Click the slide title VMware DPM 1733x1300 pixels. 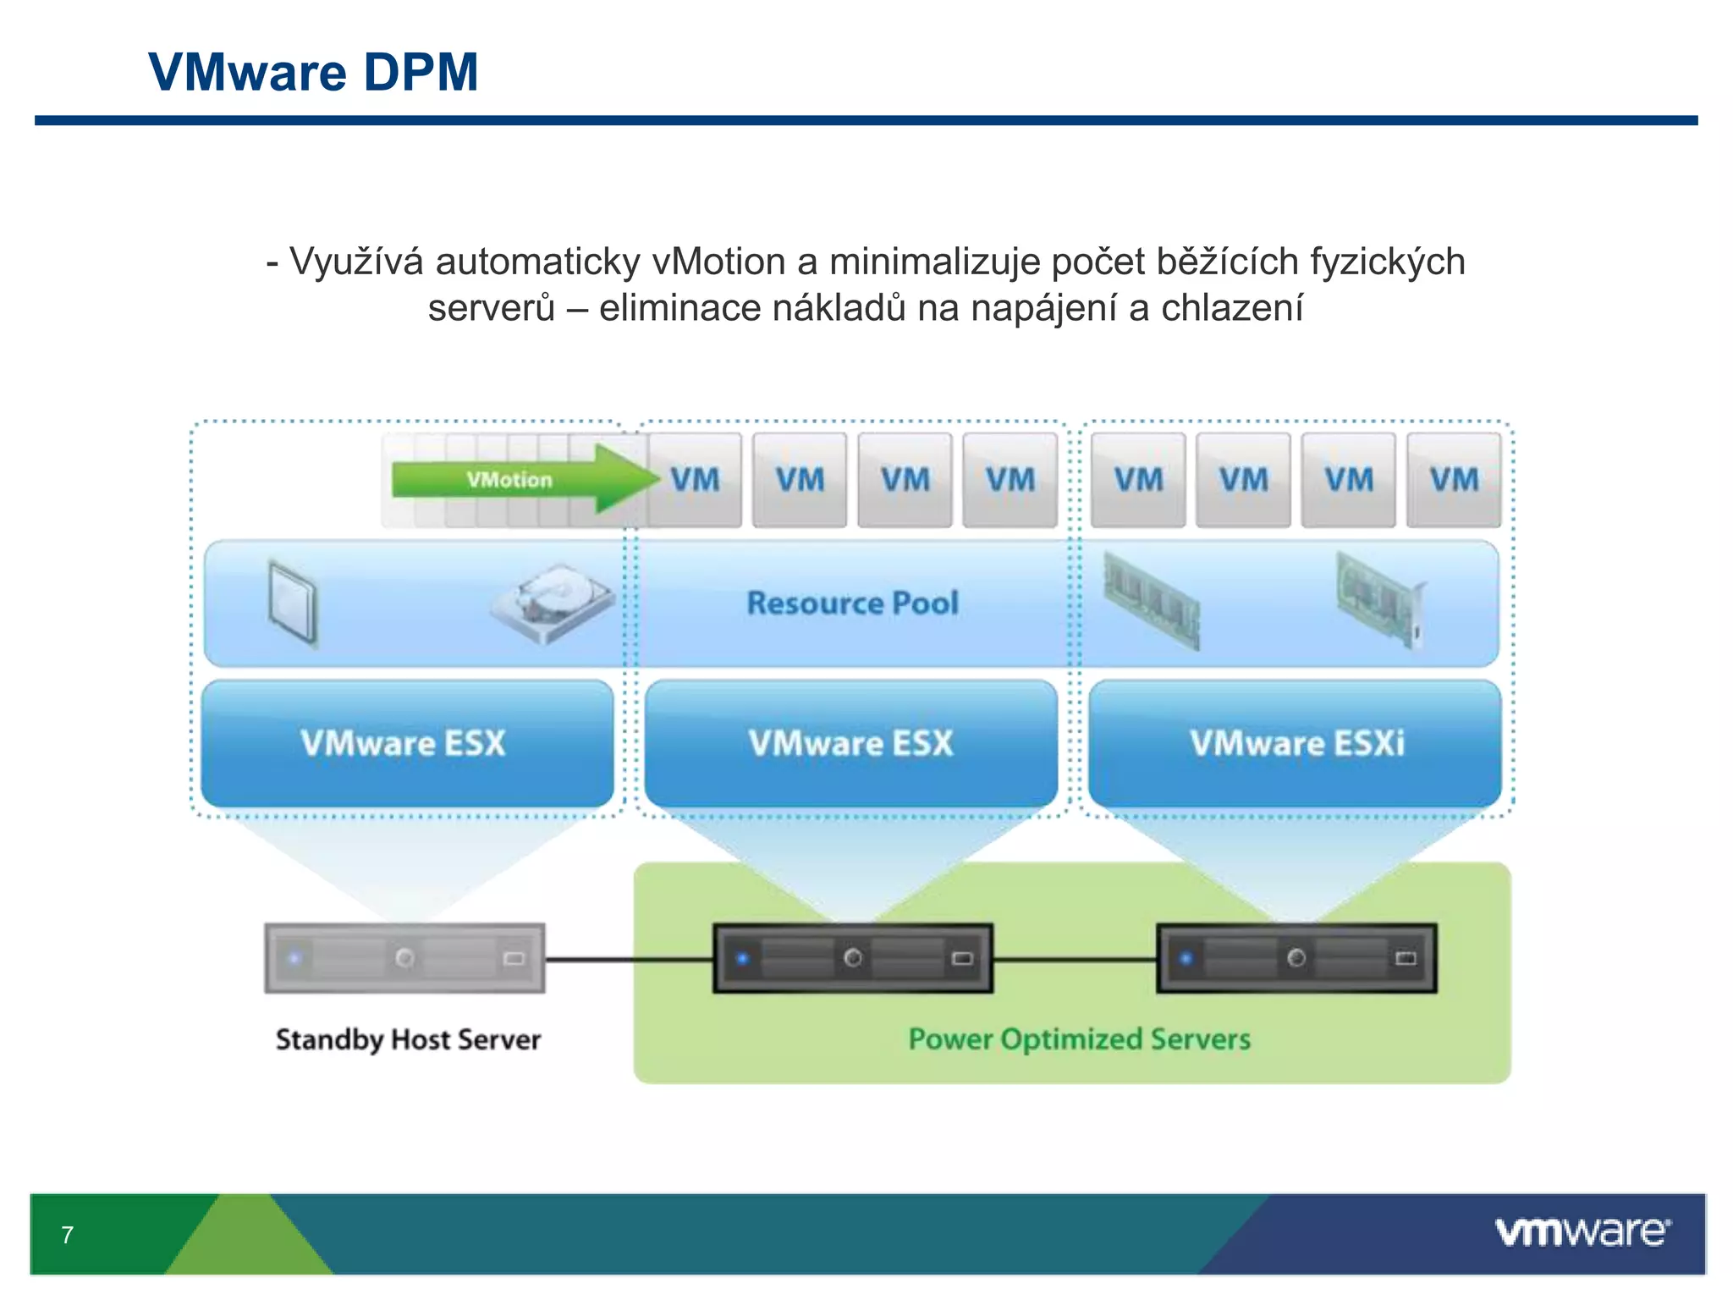pyautogui.click(x=313, y=72)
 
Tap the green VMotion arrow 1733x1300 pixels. pyautogui.click(x=516, y=479)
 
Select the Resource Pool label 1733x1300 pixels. pyautogui.click(x=852, y=603)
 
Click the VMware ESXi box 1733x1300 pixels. pyautogui.click(x=1296, y=743)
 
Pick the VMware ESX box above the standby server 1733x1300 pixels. pyautogui.click(x=407, y=743)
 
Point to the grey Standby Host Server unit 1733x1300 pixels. pyautogui.click(x=404, y=958)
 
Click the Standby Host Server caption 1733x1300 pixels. pyautogui.click(x=408, y=1039)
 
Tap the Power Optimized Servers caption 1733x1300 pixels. pyautogui.click(x=1079, y=1039)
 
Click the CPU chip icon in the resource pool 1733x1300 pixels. pyautogui.click(x=293, y=602)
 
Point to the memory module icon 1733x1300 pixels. pyautogui.click(x=1153, y=600)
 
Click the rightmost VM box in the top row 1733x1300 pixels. pyautogui.click(x=1454, y=480)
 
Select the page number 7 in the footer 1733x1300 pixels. pyautogui.click(x=68, y=1235)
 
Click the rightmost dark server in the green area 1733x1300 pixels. pyautogui.click(x=1296, y=958)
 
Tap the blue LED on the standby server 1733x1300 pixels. pyautogui.click(x=294, y=958)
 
